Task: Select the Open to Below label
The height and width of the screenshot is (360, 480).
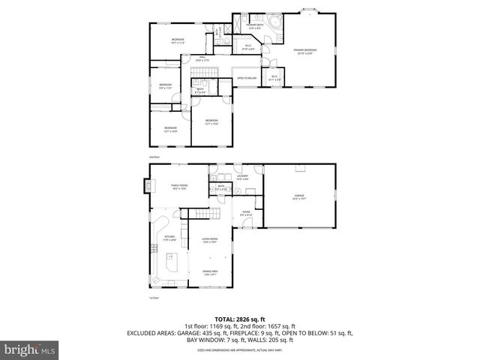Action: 247,78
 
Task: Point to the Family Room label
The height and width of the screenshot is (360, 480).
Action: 178,187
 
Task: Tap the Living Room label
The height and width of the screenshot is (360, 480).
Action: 209,241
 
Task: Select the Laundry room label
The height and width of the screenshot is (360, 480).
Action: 242,178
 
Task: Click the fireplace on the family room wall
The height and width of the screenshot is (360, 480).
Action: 148,185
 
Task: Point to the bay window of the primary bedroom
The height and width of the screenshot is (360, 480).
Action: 308,10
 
